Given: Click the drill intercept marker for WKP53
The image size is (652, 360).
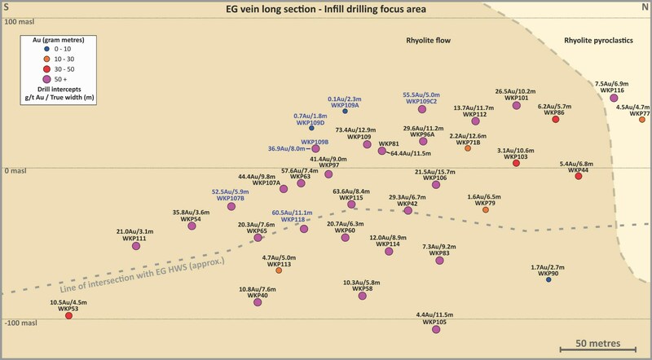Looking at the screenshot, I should point(68,315).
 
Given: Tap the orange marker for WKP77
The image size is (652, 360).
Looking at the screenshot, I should point(641,120).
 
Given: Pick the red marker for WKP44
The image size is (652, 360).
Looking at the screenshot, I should point(578,176).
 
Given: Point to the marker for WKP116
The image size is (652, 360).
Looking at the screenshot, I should point(614,98).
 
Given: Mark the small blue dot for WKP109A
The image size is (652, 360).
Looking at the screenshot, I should point(345,112).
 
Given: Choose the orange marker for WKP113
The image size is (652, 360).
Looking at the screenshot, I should point(279,270).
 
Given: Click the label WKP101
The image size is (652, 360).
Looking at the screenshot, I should point(517,98).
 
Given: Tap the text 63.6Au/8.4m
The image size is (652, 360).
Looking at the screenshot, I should point(351,191).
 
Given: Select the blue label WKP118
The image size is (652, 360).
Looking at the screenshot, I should point(293,219).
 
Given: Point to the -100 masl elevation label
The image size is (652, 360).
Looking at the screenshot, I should point(24,323).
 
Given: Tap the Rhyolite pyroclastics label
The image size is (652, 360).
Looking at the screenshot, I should point(603,39).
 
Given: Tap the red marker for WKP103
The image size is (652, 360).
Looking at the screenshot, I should point(516,164).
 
